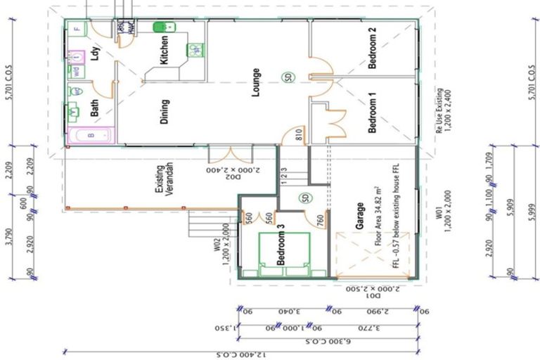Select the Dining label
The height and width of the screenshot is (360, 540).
coord(165,111)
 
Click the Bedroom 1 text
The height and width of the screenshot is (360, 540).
coord(373,114)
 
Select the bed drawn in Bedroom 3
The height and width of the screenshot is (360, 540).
coord(285,254)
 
